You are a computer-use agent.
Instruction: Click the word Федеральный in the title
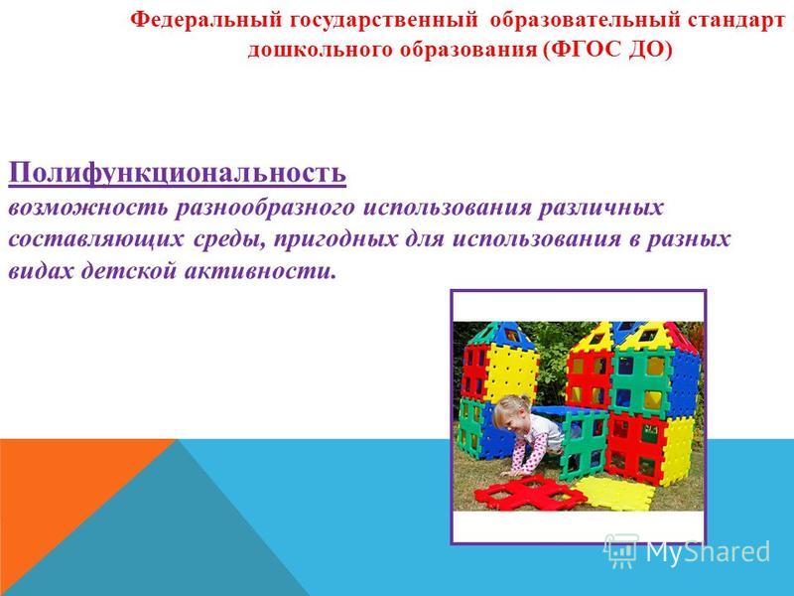(206, 20)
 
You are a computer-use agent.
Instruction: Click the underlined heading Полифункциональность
(178, 174)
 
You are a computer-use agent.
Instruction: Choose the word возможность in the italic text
(87, 209)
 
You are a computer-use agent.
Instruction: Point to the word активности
(260, 271)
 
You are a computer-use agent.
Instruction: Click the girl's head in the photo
(511, 414)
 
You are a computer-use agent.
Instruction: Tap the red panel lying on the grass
(530, 491)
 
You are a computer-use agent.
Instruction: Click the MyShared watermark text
(708, 551)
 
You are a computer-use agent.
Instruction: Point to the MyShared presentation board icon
(621, 550)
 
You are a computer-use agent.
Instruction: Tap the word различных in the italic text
(600, 209)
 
